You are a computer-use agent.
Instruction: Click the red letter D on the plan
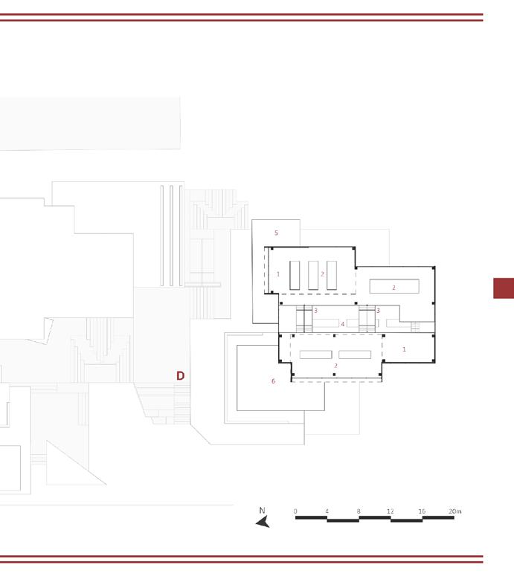point(180,376)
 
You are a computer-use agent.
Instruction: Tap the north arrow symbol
point(263,522)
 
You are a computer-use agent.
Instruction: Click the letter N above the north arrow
point(262,511)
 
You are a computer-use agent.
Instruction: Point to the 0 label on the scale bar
point(295,511)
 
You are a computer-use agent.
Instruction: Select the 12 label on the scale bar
point(390,511)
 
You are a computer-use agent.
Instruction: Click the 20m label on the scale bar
point(455,511)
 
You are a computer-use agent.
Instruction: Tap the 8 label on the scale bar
point(359,511)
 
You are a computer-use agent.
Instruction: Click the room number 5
point(276,233)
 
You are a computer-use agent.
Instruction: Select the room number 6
point(273,381)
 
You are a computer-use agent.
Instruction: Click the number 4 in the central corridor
point(342,324)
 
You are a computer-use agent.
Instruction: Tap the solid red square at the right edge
point(504,288)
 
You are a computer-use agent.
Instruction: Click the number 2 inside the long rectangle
point(394,288)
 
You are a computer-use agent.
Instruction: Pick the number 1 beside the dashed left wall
point(277,274)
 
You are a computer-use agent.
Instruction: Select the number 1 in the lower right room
point(405,349)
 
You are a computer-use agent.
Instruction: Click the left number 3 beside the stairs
point(315,311)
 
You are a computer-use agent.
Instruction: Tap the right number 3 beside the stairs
point(378,311)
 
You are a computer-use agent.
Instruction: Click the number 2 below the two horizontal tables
point(335,366)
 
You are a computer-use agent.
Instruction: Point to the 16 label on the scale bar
point(422,511)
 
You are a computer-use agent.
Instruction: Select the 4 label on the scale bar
point(327,511)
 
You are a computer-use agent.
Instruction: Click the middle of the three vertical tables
point(312,275)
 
